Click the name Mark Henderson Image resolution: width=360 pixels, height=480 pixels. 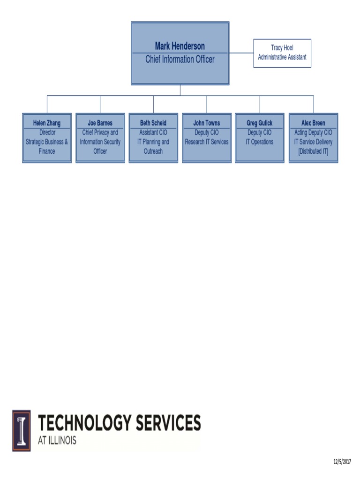point(180,46)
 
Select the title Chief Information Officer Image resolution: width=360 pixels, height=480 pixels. point(180,59)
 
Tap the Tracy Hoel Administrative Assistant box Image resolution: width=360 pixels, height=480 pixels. point(282,53)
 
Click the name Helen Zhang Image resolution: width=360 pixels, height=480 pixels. point(47,123)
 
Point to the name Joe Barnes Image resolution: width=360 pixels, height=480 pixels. point(100,123)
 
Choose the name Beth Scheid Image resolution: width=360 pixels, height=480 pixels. point(153,123)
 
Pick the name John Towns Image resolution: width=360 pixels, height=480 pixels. point(207,123)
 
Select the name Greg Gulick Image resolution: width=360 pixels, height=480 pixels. point(260,123)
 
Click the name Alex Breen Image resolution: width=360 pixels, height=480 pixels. point(313,123)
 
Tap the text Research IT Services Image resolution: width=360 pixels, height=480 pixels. point(207,142)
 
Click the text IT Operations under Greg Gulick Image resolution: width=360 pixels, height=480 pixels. point(260,142)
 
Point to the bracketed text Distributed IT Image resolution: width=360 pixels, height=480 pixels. point(313,151)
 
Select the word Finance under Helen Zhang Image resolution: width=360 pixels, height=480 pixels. point(47,151)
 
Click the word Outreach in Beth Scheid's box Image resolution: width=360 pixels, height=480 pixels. point(153,151)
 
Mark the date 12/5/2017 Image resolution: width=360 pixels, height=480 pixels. point(342,462)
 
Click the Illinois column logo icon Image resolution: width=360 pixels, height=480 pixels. point(22,431)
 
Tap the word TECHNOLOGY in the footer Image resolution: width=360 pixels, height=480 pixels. point(85,423)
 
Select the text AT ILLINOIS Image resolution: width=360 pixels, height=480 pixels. point(57,441)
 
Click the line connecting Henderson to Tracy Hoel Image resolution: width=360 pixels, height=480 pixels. point(241,53)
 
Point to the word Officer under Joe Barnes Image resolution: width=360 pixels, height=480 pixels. point(100,151)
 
